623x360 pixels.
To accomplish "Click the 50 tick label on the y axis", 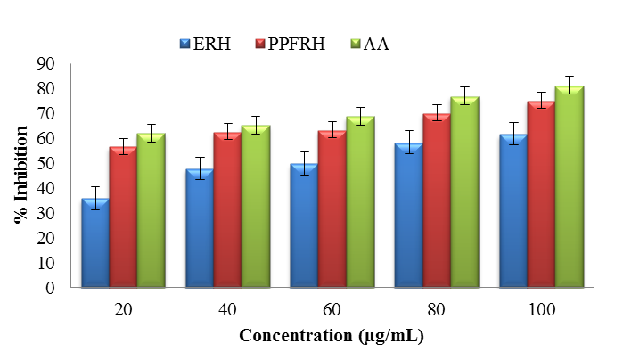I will tap(44, 163).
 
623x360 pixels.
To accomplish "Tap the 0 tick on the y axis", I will tap(49, 288).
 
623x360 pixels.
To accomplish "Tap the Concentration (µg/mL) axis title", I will tap(331, 336).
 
